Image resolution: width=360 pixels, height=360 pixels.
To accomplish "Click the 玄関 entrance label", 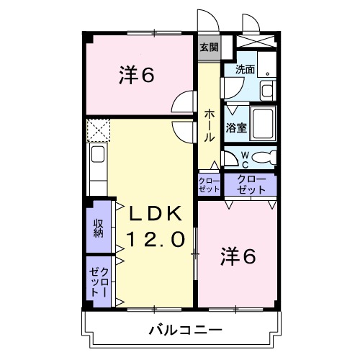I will coord(209,48).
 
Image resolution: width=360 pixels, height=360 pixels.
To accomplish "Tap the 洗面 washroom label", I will coord(245,70).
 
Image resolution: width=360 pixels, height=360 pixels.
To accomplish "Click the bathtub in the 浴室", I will coord(263,124).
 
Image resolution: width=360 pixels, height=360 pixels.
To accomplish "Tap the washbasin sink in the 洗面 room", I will coord(266,90).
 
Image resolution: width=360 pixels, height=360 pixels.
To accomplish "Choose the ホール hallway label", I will coord(208,125).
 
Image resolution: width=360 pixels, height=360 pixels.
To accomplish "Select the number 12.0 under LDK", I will coord(160,238).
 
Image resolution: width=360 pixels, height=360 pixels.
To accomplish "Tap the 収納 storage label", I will coord(98,228).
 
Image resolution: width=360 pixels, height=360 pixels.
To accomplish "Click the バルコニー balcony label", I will coord(186,330).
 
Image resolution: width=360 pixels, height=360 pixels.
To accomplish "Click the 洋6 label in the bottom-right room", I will coord(238,256).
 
